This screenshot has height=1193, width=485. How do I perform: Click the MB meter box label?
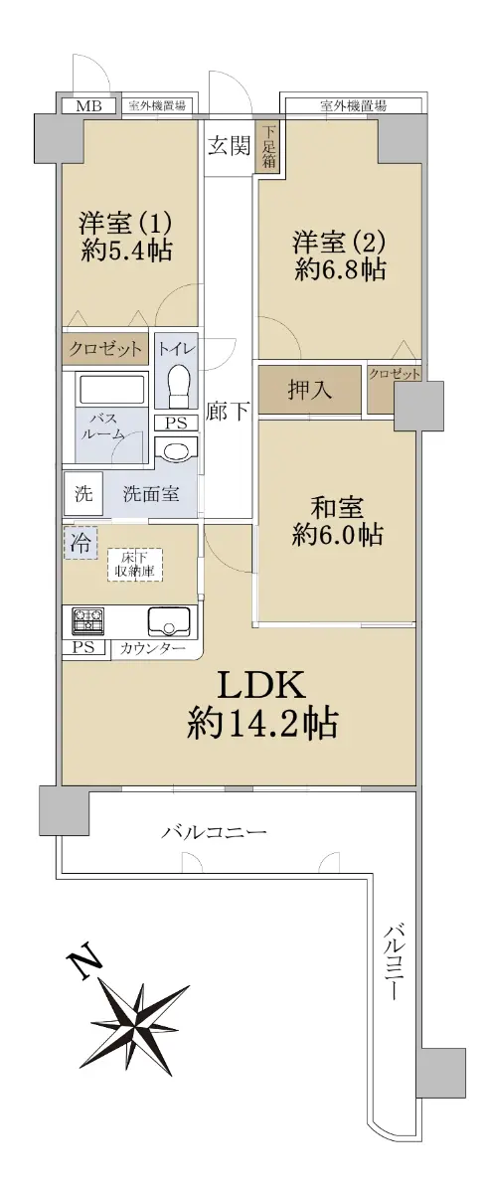(87, 105)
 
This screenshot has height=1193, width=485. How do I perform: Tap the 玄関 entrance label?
(229, 145)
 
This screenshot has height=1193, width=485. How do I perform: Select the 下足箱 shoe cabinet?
(268, 146)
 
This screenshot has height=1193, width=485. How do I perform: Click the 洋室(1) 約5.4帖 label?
(126, 236)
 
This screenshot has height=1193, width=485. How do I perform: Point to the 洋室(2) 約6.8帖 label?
(339, 256)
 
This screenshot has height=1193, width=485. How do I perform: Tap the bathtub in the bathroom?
(111, 391)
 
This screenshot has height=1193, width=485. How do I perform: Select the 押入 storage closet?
(309, 391)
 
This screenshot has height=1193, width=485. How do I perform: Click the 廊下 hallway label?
(228, 412)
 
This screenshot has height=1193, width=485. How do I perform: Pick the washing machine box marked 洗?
(83, 494)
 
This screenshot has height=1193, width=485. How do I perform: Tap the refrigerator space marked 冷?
(81, 543)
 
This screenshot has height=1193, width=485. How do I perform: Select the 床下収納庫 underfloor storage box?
(135, 565)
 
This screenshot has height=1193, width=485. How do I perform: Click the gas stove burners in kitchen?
(88, 621)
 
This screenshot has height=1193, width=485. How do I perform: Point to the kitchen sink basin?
(169, 621)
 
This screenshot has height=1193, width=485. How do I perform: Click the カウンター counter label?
(153, 648)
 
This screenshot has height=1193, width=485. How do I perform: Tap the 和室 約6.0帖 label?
(337, 521)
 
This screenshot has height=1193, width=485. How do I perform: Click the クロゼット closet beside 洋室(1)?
(105, 349)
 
